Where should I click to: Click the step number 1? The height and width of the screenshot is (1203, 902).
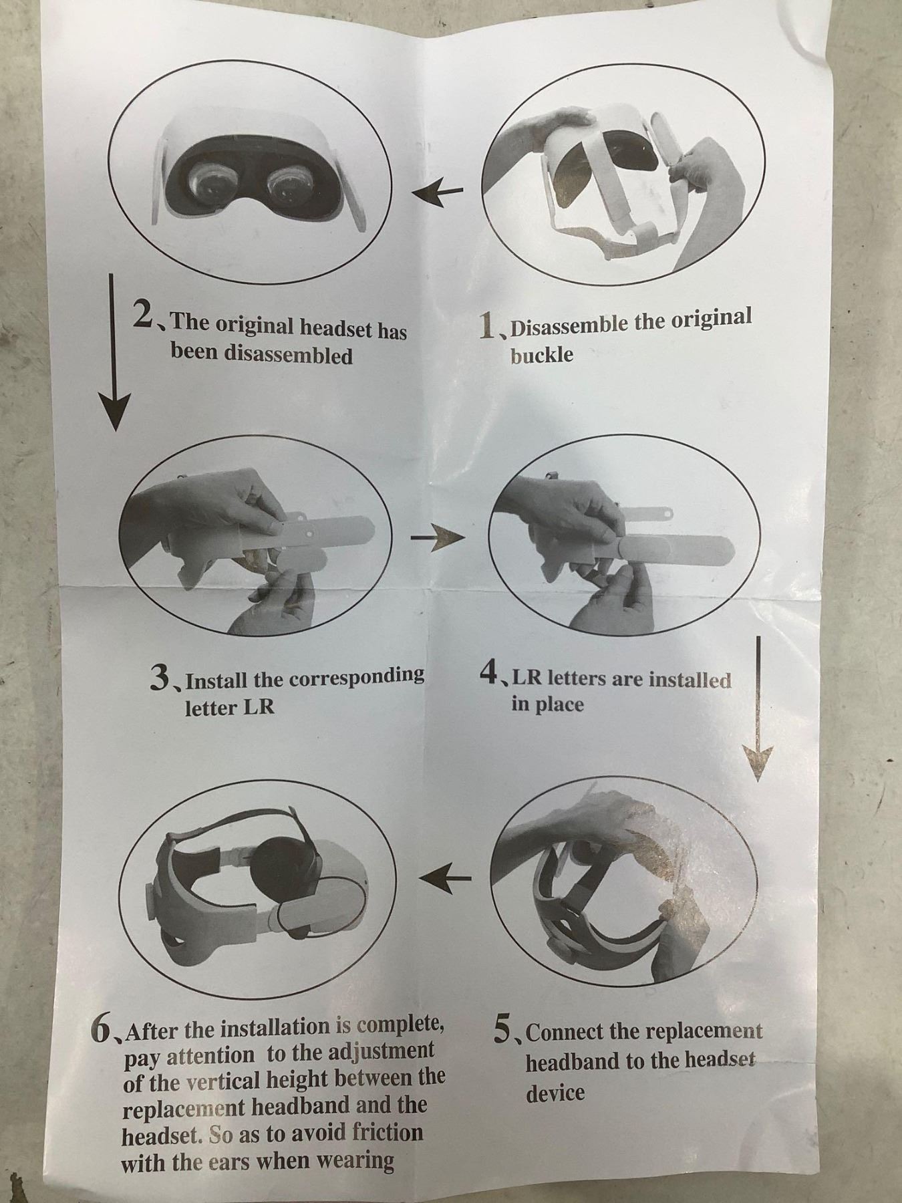click(x=490, y=325)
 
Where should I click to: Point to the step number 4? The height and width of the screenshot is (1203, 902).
click(x=489, y=672)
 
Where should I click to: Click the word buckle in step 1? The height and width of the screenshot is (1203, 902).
click(x=542, y=354)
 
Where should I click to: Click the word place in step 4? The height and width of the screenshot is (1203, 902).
click(x=557, y=704)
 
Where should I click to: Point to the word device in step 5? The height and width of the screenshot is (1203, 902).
click(x=555, y=1093)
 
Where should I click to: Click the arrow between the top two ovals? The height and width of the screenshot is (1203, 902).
click(x=437, y=193)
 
